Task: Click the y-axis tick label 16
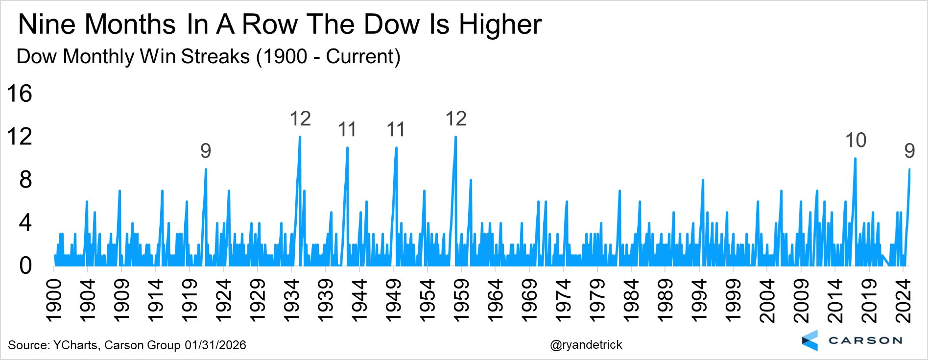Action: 20,93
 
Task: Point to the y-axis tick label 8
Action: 25,180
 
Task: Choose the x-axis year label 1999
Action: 733,301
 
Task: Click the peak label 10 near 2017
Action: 856,141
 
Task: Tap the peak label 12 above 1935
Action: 300,119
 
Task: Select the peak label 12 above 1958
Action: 456,119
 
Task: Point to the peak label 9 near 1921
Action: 206,151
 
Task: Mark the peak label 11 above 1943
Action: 347,130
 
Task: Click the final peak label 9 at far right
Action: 909,151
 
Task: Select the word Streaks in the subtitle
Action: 215,56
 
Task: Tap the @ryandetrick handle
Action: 586,345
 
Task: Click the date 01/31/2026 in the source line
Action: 215,345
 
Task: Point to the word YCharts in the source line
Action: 75,345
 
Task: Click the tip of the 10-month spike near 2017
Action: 855,158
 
